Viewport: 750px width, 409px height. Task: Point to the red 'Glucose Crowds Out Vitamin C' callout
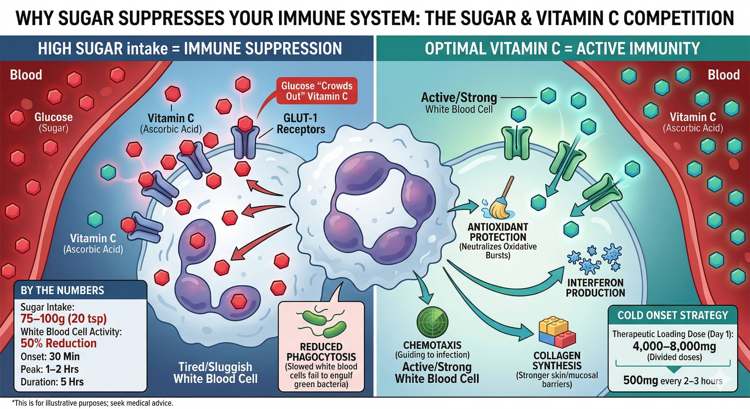317,91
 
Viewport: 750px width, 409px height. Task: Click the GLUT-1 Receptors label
300,124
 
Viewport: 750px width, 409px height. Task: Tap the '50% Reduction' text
59,343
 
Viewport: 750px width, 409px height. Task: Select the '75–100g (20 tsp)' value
64,319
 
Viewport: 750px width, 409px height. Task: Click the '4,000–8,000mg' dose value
674,346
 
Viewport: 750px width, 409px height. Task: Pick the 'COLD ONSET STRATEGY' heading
672,315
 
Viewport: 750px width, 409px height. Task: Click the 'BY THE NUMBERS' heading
62,291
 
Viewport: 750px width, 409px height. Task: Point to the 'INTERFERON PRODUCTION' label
596,288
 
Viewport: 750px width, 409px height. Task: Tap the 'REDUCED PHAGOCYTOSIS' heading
321,352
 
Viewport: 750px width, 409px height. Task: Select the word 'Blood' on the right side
724,75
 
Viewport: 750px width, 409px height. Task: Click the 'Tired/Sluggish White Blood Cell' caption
215,373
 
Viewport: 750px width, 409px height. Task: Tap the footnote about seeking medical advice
93,403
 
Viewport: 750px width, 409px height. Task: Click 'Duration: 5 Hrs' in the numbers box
52,382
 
